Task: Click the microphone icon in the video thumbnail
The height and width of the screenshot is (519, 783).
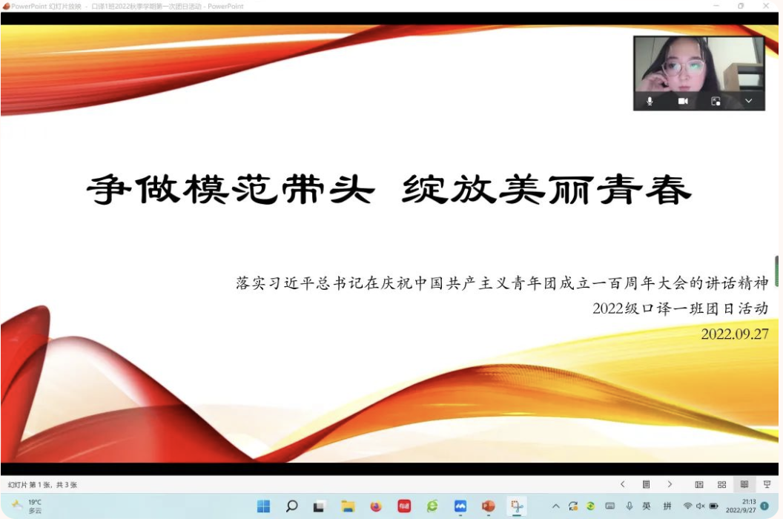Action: tap(650, 102)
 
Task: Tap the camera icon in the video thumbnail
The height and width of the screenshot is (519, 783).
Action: tap(683, 102)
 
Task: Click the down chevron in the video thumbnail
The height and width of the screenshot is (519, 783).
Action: tap(749, 101)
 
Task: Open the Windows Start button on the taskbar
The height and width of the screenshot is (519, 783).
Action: tap(263, 506)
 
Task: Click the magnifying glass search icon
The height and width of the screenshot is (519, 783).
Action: tap(291, 506)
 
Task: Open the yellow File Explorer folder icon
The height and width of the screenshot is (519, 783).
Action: tap(348, 506)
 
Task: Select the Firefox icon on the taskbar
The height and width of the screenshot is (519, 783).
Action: tap(375, 506)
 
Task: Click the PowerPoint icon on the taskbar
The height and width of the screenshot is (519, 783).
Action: tap(488, 506)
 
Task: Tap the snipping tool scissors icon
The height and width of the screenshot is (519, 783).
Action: tap(516, 506)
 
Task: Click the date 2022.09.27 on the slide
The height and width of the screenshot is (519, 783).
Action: tap(735, 334)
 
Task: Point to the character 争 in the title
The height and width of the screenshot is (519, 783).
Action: tap(109, 190)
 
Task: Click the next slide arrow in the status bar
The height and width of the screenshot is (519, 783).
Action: tap(670, 484)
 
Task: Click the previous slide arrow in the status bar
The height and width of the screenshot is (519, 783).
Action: tap(623, 484)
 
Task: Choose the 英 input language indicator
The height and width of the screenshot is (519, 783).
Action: tap(647, 506)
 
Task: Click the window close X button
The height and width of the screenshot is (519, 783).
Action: tap(766, 6)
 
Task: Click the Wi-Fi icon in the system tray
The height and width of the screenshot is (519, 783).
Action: tap(687, 506)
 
